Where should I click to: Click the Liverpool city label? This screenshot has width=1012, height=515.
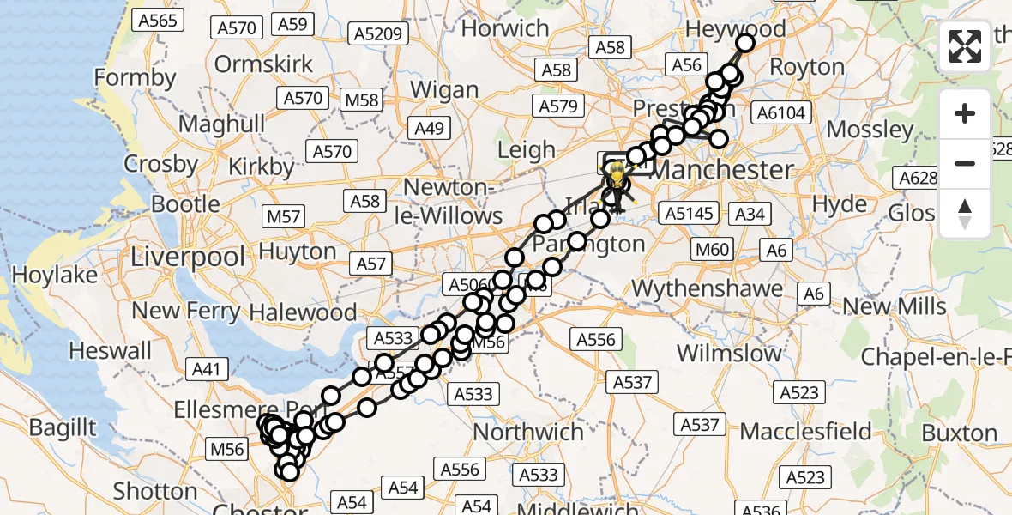[188, 256]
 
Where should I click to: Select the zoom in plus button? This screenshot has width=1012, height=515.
[965, 113]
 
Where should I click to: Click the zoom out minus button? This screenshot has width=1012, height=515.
[965, 163]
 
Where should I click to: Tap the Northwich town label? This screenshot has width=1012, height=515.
[528, 430]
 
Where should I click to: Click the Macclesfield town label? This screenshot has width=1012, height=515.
[805, 431]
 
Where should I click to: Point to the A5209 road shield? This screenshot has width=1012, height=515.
[378, 34]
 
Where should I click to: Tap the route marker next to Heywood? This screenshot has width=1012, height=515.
[744, 43]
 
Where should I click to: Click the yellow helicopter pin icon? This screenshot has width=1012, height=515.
[615, 176]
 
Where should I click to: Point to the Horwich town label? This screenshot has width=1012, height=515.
[505, 27]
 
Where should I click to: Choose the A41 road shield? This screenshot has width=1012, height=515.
[207, 370]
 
